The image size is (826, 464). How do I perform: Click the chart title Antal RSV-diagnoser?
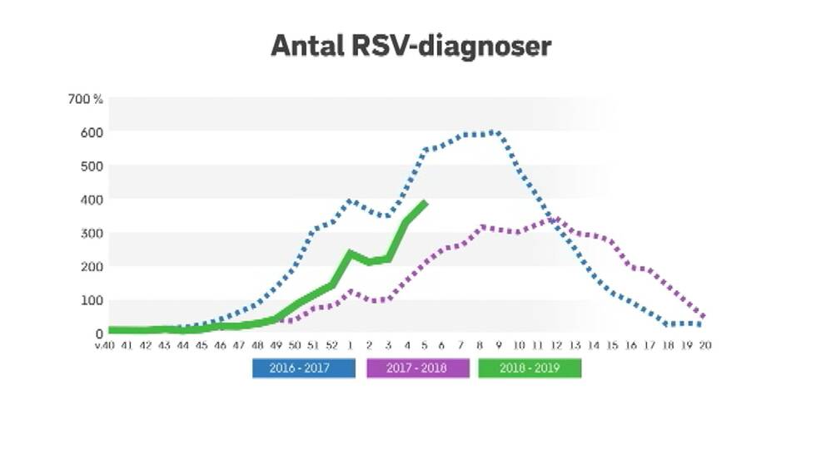(411, 46)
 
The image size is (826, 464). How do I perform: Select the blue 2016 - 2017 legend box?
(303, 368)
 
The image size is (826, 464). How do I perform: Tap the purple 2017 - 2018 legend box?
(417, 368)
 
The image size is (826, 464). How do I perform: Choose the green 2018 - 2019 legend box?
(530, 368)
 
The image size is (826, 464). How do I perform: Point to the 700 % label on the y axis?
(86, 99)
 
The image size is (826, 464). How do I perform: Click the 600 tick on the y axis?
(92, 132)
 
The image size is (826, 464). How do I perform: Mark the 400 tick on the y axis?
(92, 200)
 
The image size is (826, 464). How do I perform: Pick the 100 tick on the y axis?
(92, 300)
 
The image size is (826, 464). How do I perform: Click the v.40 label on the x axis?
(103, 346)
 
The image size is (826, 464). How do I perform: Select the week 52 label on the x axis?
(331, 346)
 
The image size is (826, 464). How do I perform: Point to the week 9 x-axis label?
(499, 346)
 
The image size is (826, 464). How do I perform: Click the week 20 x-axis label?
(706, 346)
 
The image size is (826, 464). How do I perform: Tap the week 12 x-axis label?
(555, 346)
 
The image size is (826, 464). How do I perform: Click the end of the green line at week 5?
(425, 202)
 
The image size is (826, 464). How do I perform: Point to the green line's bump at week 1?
(351, 253)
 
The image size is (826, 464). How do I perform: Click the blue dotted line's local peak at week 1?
(350, 200)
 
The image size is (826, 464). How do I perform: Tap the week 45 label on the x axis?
(202, 346)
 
